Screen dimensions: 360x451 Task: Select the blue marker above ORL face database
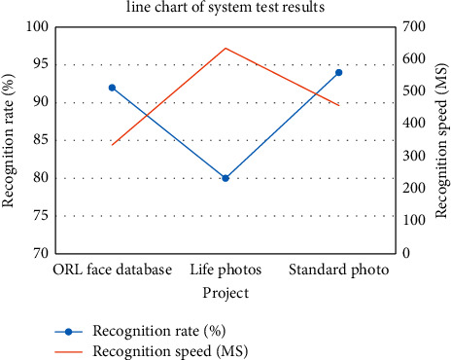[112, 88]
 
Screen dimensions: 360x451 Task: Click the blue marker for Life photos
[225, 178]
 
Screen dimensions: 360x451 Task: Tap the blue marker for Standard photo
[339, 72]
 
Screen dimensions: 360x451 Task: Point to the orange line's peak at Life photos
[225, 48]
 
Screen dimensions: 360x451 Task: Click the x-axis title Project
[225, 292]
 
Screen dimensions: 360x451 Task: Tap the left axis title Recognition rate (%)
[10, 140]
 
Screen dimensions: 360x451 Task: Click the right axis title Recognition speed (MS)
[440, 140]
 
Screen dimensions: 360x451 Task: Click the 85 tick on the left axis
[40, 140]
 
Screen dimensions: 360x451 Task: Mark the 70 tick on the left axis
[40, 253]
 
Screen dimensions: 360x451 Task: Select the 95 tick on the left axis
[40, 65]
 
